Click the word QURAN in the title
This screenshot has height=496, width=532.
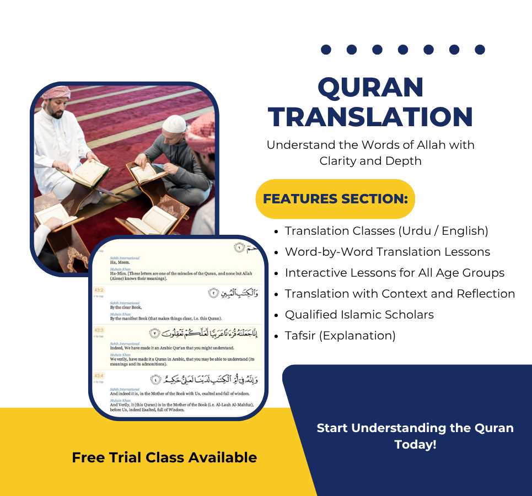click(370, 88)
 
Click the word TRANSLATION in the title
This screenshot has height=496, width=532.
click(370, 117)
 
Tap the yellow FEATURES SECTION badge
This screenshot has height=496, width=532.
click(335, 199)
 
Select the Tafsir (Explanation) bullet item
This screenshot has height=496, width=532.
click(340, 336)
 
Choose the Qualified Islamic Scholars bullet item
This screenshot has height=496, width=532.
click(359, 315)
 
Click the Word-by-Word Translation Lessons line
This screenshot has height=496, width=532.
click(387, 252)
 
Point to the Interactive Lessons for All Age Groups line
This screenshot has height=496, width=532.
click(394, 273)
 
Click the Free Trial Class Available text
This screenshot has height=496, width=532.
click(164, 457)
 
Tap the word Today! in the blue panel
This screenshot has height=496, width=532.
click(415, 444)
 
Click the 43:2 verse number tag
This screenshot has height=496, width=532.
click(99, 290)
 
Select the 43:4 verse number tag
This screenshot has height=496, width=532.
click(99, 376)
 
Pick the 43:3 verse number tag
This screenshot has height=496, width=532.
click(99, 330)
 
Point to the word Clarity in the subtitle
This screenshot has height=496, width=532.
click(341, 161)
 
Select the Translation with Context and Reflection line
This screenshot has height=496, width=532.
click(400, 294)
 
